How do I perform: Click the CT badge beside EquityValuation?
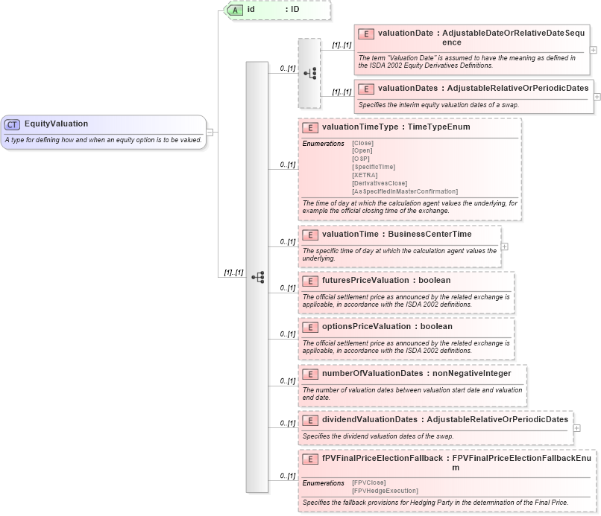click(x=13, y=124)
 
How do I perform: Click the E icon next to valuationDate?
click(x=366, y=34)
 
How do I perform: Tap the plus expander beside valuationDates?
click(x=597, y=96)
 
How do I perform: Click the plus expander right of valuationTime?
click(x=505, y=246)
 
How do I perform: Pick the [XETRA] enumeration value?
click(x=365, y=175)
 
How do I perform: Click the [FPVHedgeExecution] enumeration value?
click(x=385, y=491)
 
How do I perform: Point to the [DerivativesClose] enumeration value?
click(x=380, y=183)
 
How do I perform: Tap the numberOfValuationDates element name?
click(x=371, y=373)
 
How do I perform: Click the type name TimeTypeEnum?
click(x=439, y=127)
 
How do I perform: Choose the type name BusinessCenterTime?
click(x=431, y=234)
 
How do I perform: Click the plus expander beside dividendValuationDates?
click(x=575, y=428)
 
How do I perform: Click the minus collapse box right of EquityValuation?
click(x=210, y=132)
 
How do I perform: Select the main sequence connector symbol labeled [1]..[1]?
click(x=258, y=277)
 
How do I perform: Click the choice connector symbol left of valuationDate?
click(x=310, y=73)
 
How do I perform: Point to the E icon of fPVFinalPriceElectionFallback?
click(x=310, y=459)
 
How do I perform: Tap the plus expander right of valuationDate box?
click(x=593, y=49)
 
